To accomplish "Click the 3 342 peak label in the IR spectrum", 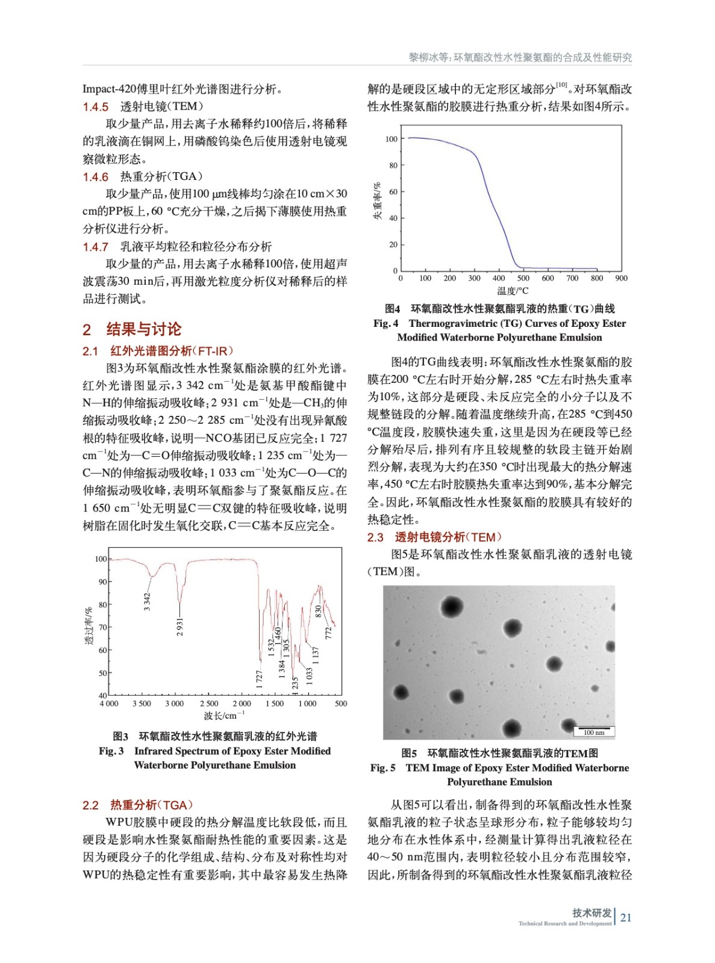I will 147,601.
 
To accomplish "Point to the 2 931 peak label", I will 180,626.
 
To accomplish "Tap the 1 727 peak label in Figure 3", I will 259,679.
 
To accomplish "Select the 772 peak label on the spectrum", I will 328,633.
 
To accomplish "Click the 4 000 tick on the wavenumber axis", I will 109,703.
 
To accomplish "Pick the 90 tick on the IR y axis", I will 102,582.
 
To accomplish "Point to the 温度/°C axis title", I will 513,291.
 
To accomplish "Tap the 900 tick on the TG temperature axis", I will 621,278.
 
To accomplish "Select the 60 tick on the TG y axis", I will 393,192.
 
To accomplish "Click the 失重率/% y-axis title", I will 377,201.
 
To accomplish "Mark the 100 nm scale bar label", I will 594,732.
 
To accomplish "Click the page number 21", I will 626,917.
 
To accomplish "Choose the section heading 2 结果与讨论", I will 132,329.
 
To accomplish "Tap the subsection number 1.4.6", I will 96,177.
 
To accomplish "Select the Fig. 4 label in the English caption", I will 386,323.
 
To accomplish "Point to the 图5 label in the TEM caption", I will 409,753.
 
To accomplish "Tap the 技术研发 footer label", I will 591,912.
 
